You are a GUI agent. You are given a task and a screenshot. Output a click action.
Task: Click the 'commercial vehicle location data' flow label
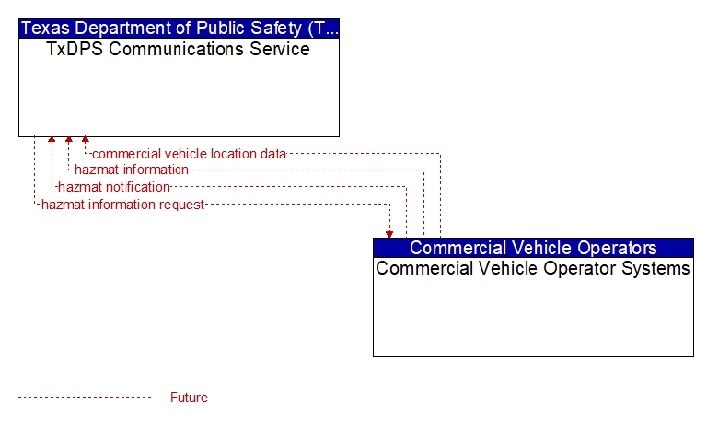pyautogui.click(x=189, y=154)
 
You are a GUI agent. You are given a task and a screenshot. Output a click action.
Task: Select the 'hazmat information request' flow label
pyautogui.click(x=122, y=205)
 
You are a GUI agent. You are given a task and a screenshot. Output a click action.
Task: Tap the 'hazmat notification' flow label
pyautogui.click(x=114, y=187)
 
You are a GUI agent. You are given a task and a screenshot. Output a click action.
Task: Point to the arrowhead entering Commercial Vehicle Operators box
pyautogui.click(x=389, y=235)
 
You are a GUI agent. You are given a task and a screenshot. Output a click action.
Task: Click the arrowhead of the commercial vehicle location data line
pyautogui.click(x=86, y=140)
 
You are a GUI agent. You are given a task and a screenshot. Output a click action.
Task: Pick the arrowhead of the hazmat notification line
pyautogui.click(x=52, y=140)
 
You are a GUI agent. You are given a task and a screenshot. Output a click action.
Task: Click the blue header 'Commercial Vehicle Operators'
pyautogui.click(x=533, y=248)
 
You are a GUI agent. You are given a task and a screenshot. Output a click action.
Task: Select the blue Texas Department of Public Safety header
pyautogui.click(x=179, y=29)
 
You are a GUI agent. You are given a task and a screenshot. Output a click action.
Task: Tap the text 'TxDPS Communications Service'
pyautogui.click(x=178, y=49)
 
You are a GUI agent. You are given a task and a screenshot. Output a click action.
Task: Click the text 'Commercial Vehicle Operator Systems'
pyautogui.click(x=533, y=268)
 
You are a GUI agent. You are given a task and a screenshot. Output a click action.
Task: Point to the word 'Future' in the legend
pyautogui.click(x=189, y=397)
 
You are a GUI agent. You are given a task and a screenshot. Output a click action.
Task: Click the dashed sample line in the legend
pyautogui.click(x=85, y=398)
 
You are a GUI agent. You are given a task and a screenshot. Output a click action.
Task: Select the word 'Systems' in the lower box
pyautogui.click(x=655, y=268)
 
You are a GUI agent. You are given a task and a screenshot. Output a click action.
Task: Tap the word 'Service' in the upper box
pyautogui.click(x=280, y=49)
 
